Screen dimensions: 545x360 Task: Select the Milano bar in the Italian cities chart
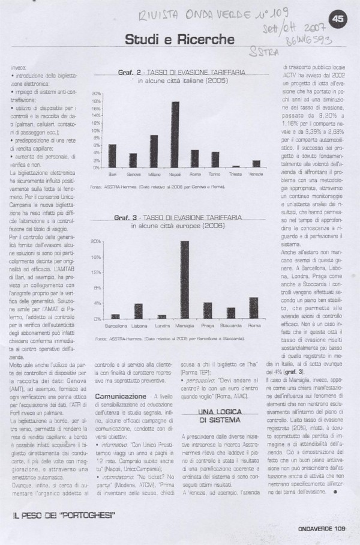pyautogui.click(x=154, y=151)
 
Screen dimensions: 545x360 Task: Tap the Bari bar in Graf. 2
pyautogui.click(x=112, y=155)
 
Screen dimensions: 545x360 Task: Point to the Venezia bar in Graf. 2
pyautogui.click(x=257, y=164)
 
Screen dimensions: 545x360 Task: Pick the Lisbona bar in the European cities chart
pyautogui.click(x=138, y=311)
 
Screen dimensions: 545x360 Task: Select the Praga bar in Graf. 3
pyautogui.click(x=208, y=310)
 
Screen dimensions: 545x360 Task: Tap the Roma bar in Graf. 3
pyautogui.click(x=253, y=308)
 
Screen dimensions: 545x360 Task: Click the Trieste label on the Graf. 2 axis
pyautogui.click(x=236, y=173)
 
